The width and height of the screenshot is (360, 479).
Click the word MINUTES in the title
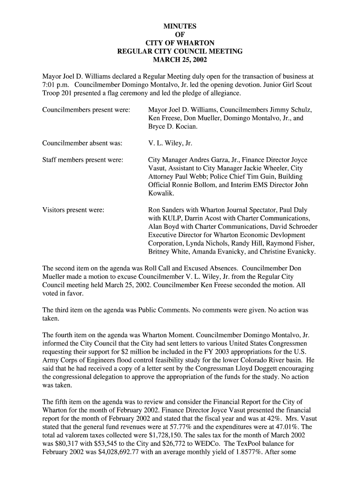[180, 26]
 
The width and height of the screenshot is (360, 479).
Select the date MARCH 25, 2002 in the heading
[180, 60]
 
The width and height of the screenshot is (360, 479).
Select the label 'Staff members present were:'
[83, 160]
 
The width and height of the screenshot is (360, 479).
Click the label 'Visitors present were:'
[73, 210]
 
